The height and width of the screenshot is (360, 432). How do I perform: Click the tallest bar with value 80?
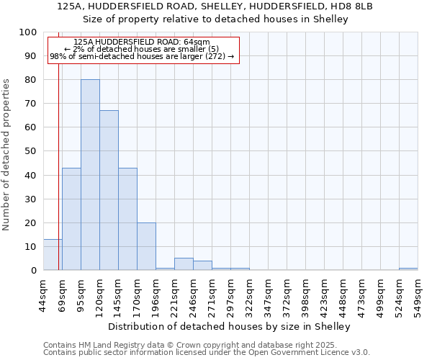90,175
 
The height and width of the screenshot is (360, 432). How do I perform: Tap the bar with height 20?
146,246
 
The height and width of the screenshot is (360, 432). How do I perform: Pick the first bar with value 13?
52,255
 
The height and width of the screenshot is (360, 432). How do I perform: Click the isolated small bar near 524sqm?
408,269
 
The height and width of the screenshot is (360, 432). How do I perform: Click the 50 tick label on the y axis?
30,151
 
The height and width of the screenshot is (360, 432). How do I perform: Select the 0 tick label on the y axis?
32,270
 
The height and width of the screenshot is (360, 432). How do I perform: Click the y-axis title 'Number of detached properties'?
7,166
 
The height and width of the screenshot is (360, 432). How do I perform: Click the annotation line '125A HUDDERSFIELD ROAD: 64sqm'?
142,42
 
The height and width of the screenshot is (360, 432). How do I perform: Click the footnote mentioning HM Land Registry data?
190,345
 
